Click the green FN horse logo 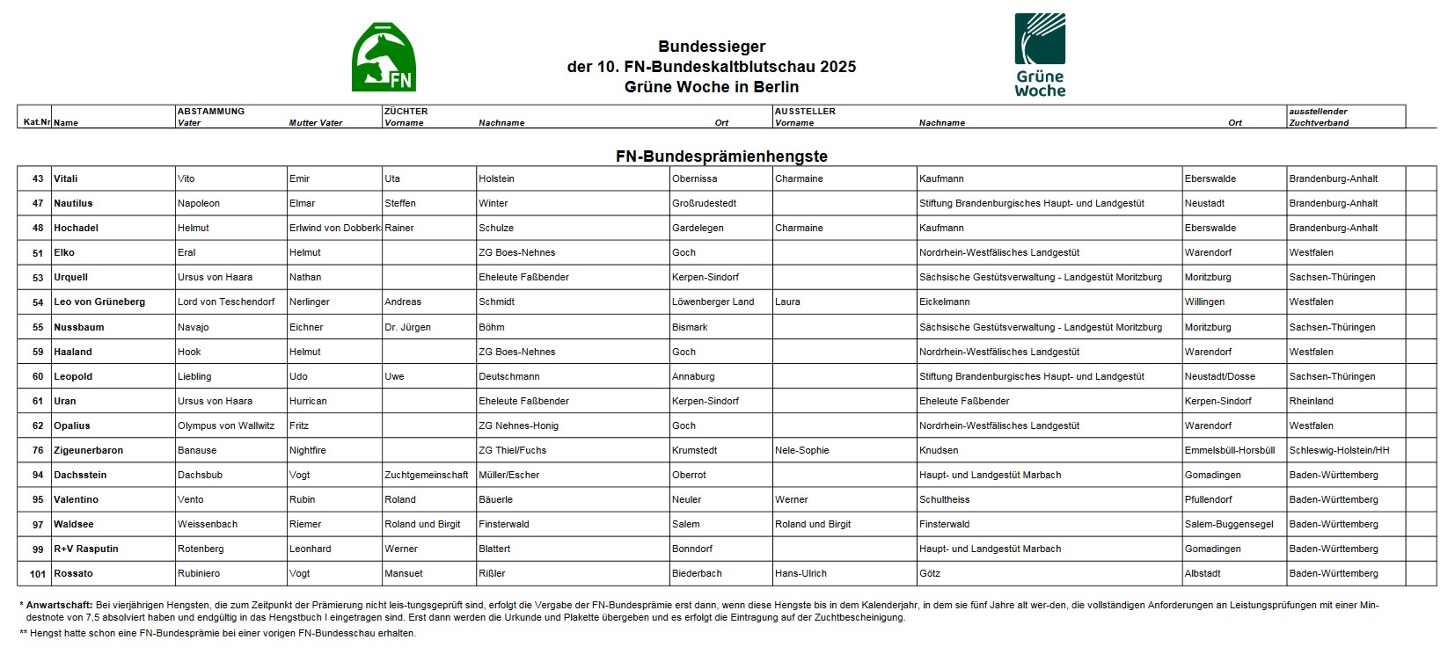coord(384,58)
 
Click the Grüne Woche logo coord(1039,55)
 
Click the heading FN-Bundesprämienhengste coord(720,156)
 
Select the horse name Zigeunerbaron coord(88,450)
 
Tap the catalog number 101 coord(37,573)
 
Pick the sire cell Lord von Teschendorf coord(226,302)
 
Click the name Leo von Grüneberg coord(99,302)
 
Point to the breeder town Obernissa coord(694,178)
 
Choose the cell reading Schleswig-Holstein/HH coord(1339,450)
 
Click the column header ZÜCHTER coord(406,112)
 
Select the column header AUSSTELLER coord(805,112)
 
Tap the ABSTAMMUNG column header coord(211,112)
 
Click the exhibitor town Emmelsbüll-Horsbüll coord(1229,450)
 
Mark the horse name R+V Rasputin coord(86,549)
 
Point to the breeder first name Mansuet coord(403,573)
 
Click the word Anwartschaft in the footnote coord(59,605)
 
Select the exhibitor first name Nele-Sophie coord(801,450)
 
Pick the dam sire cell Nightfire coord(307,450)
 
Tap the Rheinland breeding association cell coord(1311,401)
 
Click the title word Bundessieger coord(712,47)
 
